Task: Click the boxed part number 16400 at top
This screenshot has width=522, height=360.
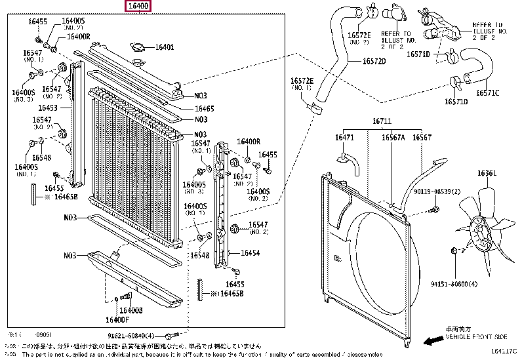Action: click(x=139, y=7)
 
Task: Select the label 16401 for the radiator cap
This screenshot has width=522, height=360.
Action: click(x=165, y=47)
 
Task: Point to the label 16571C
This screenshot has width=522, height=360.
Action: click(x=488, y=92)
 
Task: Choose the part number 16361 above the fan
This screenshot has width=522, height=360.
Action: click(x=487, y=173)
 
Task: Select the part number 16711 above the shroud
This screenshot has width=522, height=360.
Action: click(x=382, y=122)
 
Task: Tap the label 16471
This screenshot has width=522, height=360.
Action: click(x=344, y=138)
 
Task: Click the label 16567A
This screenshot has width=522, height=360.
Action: click(x=393, y=138)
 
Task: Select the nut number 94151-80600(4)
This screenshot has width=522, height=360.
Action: click(x=454, y=284)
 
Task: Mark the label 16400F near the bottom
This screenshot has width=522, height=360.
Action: click(x=118, y=320)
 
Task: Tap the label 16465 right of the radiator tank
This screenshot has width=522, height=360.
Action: click(x=204, y=108)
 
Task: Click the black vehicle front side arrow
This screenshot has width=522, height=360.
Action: click(x=431, y=340)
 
